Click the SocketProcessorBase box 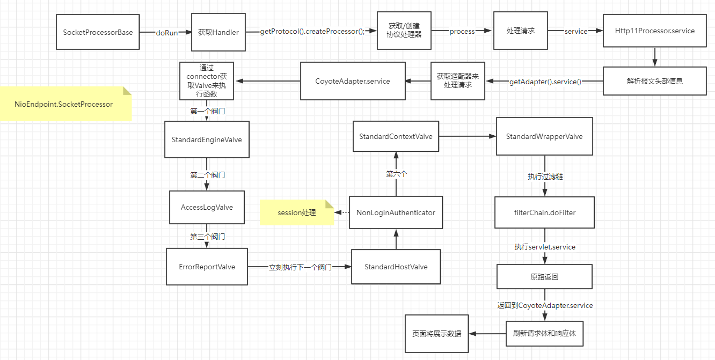tap(98, 32)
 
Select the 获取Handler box tap(218, 32)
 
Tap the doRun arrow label tap(166, 32)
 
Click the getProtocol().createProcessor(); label tap(312, 32)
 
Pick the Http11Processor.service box tap(654, 31)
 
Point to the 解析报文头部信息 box tap(654, 81)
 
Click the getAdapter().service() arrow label tap(545, 82)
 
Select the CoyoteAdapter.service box tap(352, 81)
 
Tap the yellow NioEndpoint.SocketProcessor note tap(64, 104)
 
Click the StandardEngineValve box tap(207, 139)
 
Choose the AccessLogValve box tap(207, 207)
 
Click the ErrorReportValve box tap(207, 267)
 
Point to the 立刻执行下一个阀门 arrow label tap(300, 267)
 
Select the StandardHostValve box tap(396, 267)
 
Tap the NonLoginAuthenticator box tap(396, 212)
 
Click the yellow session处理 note tap(297, 212)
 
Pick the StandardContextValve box tap(396, 136)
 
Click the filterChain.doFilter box tap(544, 212)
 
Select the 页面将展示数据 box tap(436, 333)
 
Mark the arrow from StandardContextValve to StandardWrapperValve tap(467, 136)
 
